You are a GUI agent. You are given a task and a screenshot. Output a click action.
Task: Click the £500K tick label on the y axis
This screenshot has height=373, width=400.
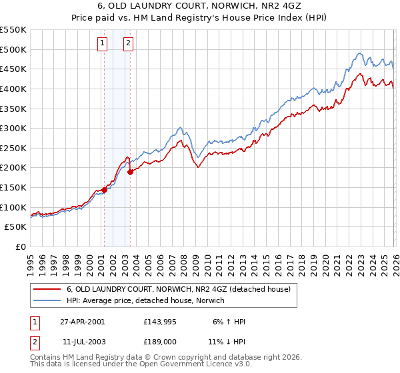(x=13, y=49)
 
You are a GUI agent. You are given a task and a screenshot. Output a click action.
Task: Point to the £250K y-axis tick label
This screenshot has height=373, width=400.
(x=13, y=148)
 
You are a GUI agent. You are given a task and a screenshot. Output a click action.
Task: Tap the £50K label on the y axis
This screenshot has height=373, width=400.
(x=16, y=227)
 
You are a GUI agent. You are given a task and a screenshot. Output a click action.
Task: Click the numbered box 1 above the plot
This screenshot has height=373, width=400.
(x=103, y=44)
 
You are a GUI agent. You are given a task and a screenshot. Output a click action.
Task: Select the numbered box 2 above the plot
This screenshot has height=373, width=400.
(x=128, y=44)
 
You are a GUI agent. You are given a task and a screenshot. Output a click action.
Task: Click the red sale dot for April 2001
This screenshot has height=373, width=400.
(x=105, y=190)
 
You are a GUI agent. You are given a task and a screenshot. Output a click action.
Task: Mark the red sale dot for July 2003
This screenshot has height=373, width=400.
(x=130, y=172)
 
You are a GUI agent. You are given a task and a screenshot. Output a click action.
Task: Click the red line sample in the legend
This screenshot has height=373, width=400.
(x=47, y=290)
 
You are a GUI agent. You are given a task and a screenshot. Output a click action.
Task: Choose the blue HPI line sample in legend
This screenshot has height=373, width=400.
(x=47, y=301)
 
